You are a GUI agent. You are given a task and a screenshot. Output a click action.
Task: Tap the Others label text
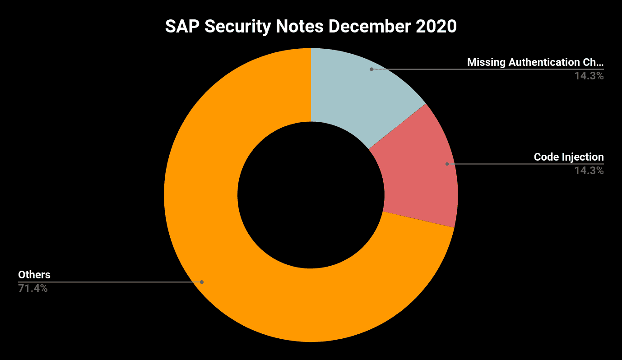[x=34, y=274]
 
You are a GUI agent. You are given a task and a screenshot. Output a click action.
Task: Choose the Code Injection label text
[x=569, y=157]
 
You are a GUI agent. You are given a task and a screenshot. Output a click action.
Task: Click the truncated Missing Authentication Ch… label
[x=535, y=62]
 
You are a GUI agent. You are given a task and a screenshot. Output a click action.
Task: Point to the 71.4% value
[x=33, y=288]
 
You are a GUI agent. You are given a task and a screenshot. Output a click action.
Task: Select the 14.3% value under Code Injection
[x=589, y=171]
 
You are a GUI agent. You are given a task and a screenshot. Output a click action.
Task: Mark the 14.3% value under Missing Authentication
[x=589, y=76]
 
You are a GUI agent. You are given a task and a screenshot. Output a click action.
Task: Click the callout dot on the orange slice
[x=202, y=282]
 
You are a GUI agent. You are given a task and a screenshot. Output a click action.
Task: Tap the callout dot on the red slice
[x=447, y=164]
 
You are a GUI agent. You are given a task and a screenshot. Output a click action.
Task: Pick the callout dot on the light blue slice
[x=371, y=69]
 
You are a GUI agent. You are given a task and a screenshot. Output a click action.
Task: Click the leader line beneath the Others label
[x=108, y=282]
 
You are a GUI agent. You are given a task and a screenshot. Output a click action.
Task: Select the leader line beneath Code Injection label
[x=524, y=164]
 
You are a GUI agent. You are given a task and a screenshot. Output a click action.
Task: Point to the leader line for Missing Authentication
[x=487, y=69]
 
